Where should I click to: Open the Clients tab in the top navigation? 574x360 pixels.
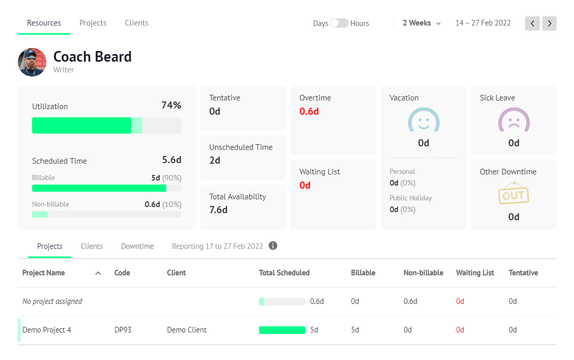[136, 23]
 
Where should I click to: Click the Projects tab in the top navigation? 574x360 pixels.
[93, 23]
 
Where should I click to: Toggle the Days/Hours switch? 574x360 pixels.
[339, 23]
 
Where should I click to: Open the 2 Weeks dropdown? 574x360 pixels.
[422, 23]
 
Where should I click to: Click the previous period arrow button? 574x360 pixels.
[532, 23]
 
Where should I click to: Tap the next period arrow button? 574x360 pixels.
[549, 23]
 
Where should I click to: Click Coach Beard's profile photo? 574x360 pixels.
[32, 62]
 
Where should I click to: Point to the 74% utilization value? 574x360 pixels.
[171, 106]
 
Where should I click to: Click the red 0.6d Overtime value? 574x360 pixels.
[309, 111]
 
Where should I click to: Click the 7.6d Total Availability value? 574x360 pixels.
[218, 210]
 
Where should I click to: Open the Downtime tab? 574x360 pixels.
[137, 246]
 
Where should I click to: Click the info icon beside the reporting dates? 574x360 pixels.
[273, 246]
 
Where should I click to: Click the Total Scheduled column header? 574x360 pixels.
[284, 273]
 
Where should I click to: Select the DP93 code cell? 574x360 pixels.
[123, 330]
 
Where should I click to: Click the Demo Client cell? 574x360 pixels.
[187, 330]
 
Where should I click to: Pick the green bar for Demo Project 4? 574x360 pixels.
[282, 330]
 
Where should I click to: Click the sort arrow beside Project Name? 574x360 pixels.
[98, 273]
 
